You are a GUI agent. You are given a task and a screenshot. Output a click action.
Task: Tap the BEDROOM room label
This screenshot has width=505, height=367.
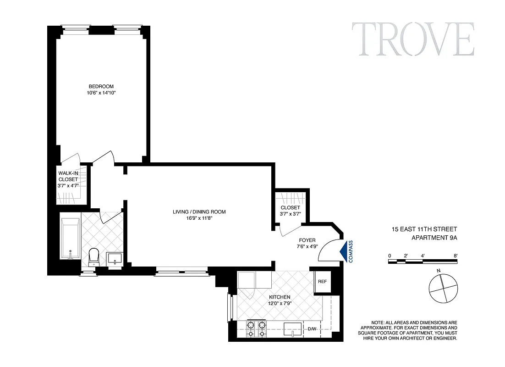[x=101, y=86]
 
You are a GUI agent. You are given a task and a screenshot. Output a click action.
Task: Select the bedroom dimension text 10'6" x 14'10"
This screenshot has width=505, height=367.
[x=101, y=93]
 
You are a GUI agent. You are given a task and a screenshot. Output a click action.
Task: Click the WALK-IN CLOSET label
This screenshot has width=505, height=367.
[x=68, y=176]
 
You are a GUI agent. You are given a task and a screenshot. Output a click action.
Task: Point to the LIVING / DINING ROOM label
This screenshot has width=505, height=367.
[x=199, y=211]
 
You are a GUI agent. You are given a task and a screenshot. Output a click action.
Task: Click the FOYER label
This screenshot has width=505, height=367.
[x=307, y=240]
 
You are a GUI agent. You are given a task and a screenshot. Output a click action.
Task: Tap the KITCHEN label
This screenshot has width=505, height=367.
[x=280, y=297]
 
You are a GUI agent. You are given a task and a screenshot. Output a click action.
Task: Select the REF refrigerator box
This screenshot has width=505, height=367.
[x=322, y=282]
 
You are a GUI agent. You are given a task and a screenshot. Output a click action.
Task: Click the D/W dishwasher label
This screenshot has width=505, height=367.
[x=312, y=329]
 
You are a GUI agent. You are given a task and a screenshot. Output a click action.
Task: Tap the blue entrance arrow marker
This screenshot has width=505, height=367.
[x=343, y=251]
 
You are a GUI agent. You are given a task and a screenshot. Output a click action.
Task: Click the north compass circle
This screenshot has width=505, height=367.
[x=443, y=288]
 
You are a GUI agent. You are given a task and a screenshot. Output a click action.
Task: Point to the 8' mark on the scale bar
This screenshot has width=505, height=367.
[x=455, y=255]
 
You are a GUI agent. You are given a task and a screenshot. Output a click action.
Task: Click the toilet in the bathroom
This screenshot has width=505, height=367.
[x=93, y=256]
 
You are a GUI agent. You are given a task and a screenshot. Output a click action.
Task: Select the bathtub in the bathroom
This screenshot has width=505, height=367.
[x=70, y=239]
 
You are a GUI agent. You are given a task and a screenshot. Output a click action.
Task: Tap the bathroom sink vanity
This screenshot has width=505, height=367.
[x=114, y=259]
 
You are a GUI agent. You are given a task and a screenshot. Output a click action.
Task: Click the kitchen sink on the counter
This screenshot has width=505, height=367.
[x=292, y=329]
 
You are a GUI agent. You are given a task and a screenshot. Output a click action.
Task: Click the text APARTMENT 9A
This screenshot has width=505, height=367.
[x=434, y=237]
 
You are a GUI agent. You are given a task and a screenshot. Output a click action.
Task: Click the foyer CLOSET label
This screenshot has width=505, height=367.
[x=290, y=208]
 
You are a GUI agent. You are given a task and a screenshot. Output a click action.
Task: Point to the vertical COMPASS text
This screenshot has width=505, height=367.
[x=351, y=251]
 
